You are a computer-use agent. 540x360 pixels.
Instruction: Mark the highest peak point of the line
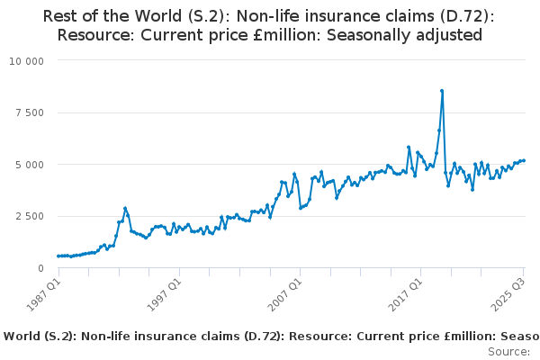(442, 91)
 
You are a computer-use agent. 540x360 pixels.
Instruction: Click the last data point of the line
(524, 160)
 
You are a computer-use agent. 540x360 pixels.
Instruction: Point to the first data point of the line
(58, 256)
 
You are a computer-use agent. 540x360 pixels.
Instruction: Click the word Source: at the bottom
(508, 352)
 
